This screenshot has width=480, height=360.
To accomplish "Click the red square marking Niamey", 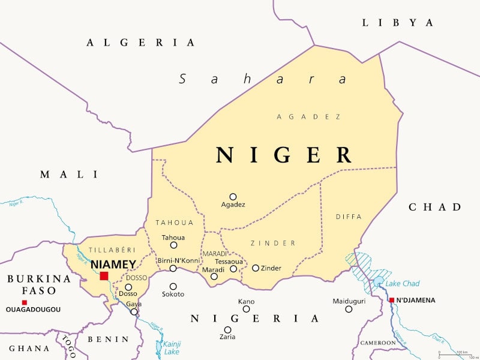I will click(104, 276).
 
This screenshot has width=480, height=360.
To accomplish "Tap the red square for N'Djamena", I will click(391, 300).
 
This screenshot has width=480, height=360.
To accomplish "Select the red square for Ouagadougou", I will click(24, 302).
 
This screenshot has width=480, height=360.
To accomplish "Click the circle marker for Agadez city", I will click(233, 196).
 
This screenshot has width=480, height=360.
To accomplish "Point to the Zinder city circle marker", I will click(255, 268).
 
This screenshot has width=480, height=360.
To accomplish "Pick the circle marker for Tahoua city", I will click(173, 245).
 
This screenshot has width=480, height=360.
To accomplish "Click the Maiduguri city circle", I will click(349, 309).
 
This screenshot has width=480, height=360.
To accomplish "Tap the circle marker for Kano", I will click(246, 309).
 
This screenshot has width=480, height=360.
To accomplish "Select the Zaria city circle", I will click(227, 329).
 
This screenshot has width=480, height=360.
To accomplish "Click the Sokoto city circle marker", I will click(173, 286).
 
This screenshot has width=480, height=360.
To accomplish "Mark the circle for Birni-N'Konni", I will click(173, 268).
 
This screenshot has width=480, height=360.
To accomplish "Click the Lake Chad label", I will click(402, 283).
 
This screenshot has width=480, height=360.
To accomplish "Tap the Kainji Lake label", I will click(172, 348).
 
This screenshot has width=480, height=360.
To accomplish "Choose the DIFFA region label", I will click(349, 217).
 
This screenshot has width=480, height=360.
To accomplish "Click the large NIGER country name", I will click(284, 155).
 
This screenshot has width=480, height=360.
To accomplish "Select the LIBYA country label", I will click(397, 23).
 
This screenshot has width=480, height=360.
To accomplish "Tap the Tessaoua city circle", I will click(233, 269).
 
